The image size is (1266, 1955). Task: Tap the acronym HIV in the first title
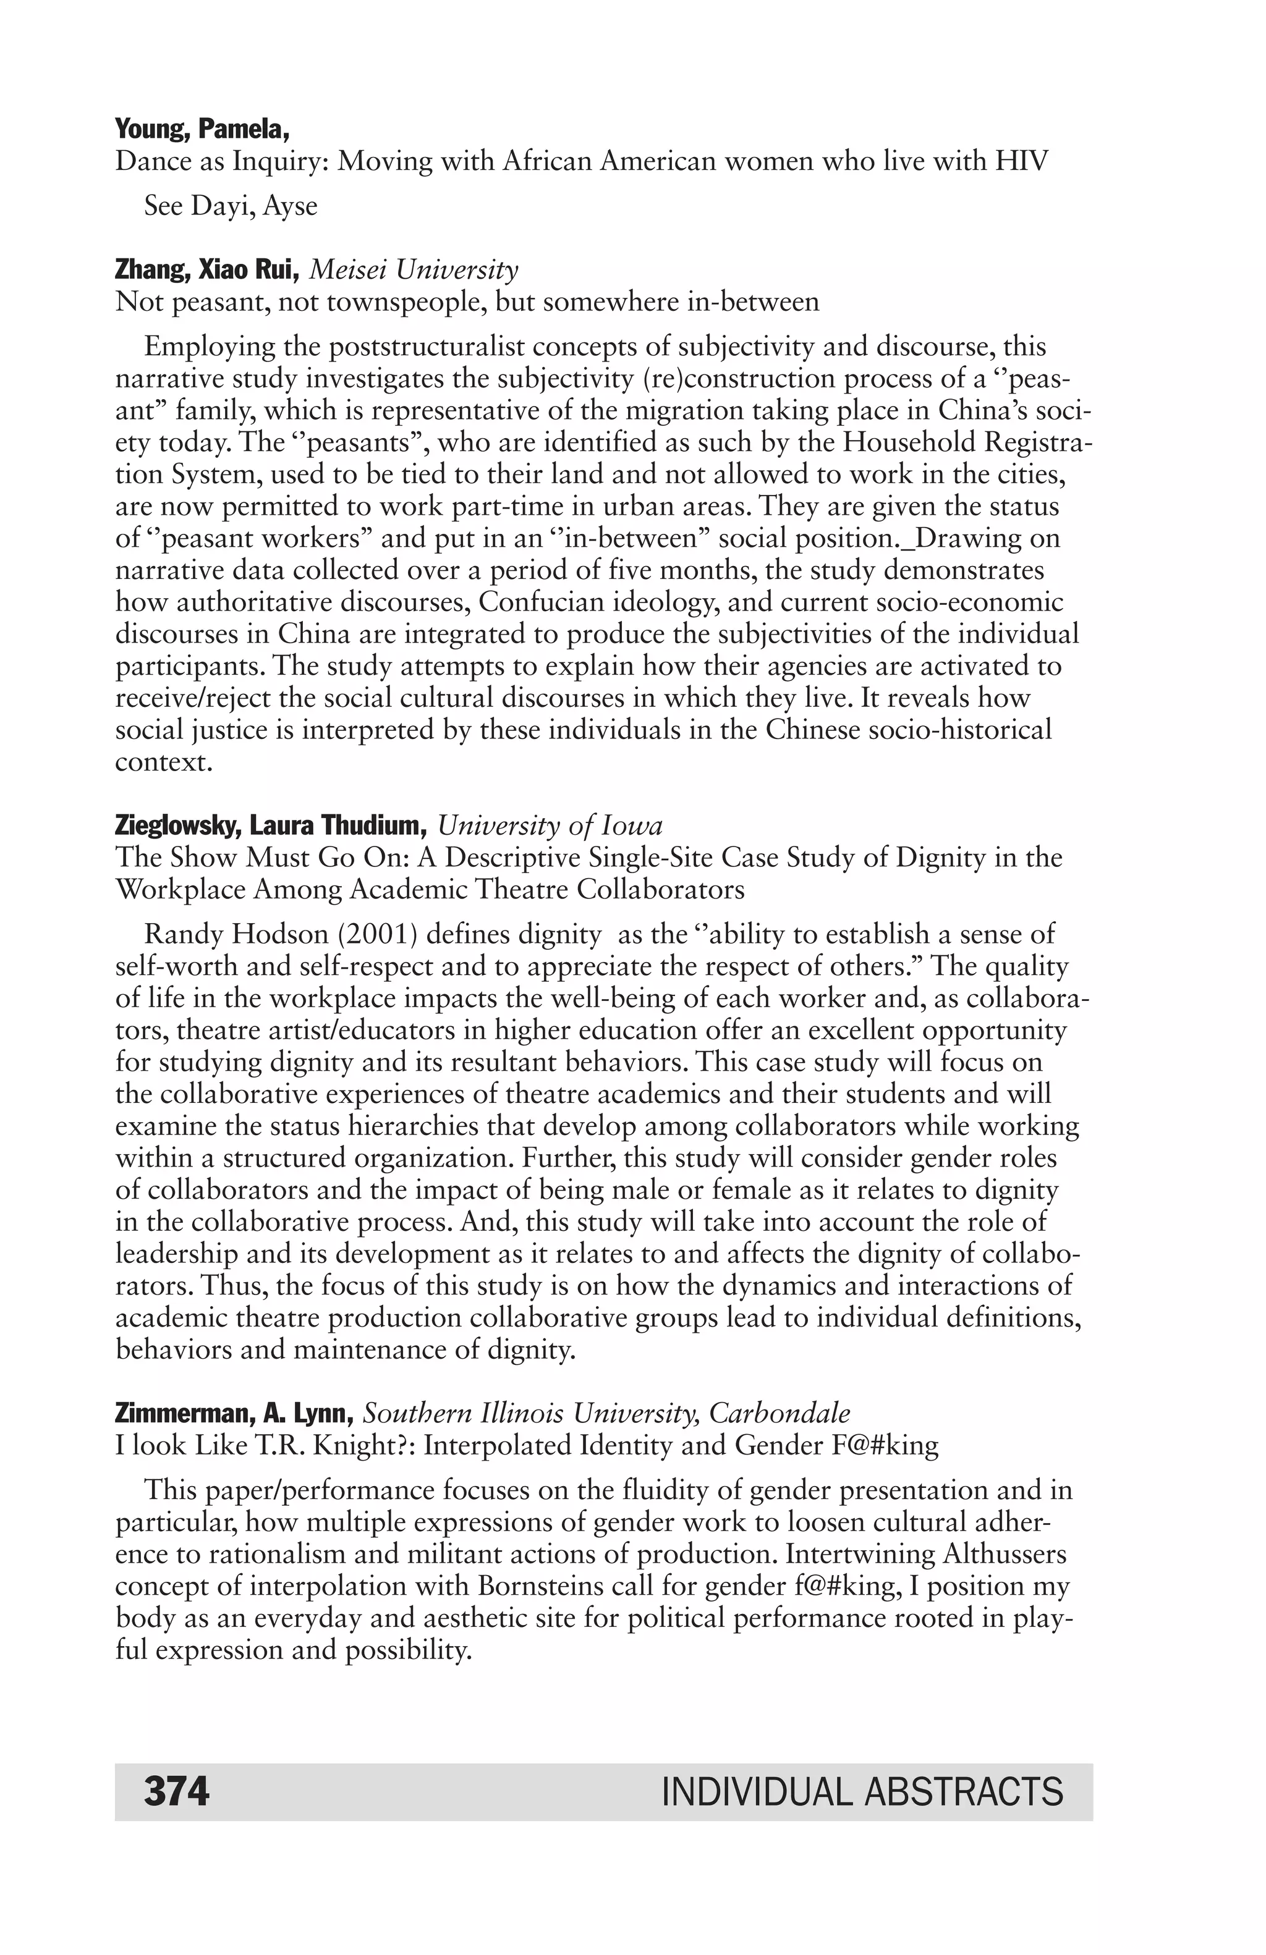pyautogui.click(x=1022, y=161)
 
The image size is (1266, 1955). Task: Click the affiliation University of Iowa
pyautogui.click(x=550, y=825)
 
